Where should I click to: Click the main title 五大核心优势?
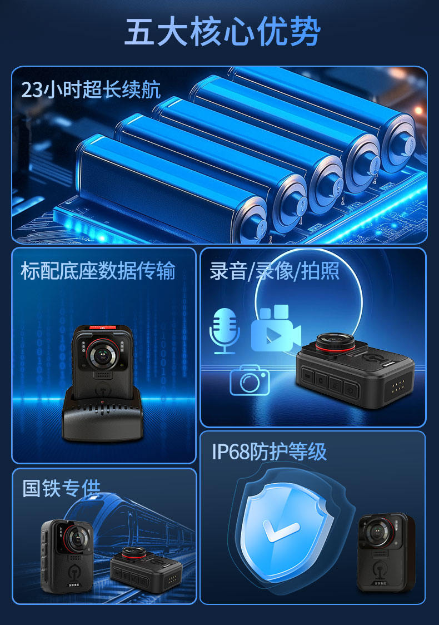point(222,32)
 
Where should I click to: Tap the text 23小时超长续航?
point(91,90)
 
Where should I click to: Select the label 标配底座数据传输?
point(98,271)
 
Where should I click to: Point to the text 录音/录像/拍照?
point(275,271)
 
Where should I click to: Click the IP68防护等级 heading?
point(269,452)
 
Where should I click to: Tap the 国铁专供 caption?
point(61,488)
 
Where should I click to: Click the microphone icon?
point(225,331)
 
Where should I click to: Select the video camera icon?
point(276,328)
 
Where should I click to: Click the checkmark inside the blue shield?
point(281,530)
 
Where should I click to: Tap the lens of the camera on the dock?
point(103,354)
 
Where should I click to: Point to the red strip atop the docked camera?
point(103,328)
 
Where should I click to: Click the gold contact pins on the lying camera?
point(397,386)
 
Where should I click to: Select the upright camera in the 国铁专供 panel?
point(67,555)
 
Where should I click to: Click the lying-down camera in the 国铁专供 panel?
point(146,569)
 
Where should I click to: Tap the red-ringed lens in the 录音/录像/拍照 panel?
point(335,342)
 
